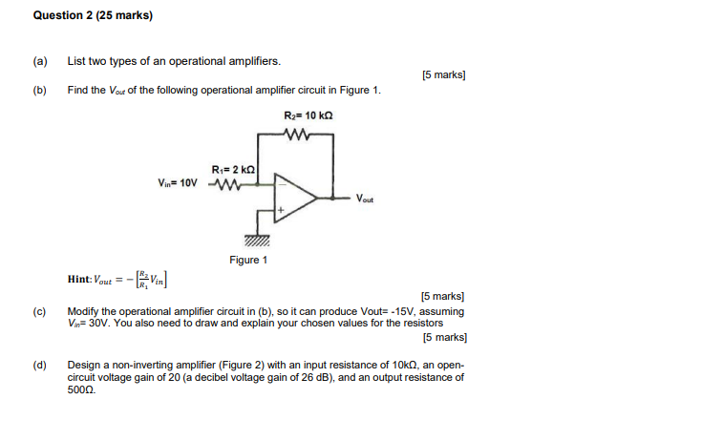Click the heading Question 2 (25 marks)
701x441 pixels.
(93, 15)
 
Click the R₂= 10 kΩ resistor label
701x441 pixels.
(308, 115)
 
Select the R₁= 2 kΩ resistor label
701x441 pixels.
(231, 169)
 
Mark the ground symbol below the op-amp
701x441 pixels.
(257, 240)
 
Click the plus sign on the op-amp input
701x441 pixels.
(280, 209)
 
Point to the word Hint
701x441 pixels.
(79, 279)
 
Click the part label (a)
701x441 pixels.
(40, 61)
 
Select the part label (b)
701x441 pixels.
(40, 90)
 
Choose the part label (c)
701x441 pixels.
(40, 311)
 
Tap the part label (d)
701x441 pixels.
(40, 365)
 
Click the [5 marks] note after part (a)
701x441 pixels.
(442, 75)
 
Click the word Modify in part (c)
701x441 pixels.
(83, 311)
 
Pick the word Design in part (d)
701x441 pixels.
(84, 365)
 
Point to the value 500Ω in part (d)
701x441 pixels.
(81, 389)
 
